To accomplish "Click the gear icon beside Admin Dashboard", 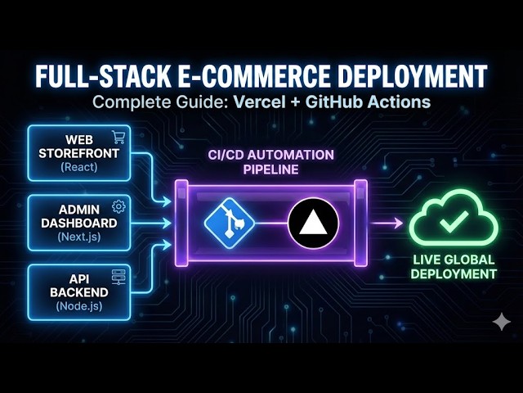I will coord(118,206).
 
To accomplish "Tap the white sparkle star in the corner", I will coord(501,323).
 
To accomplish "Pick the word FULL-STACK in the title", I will coord(100,75).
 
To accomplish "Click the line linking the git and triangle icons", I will coord(270,223).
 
